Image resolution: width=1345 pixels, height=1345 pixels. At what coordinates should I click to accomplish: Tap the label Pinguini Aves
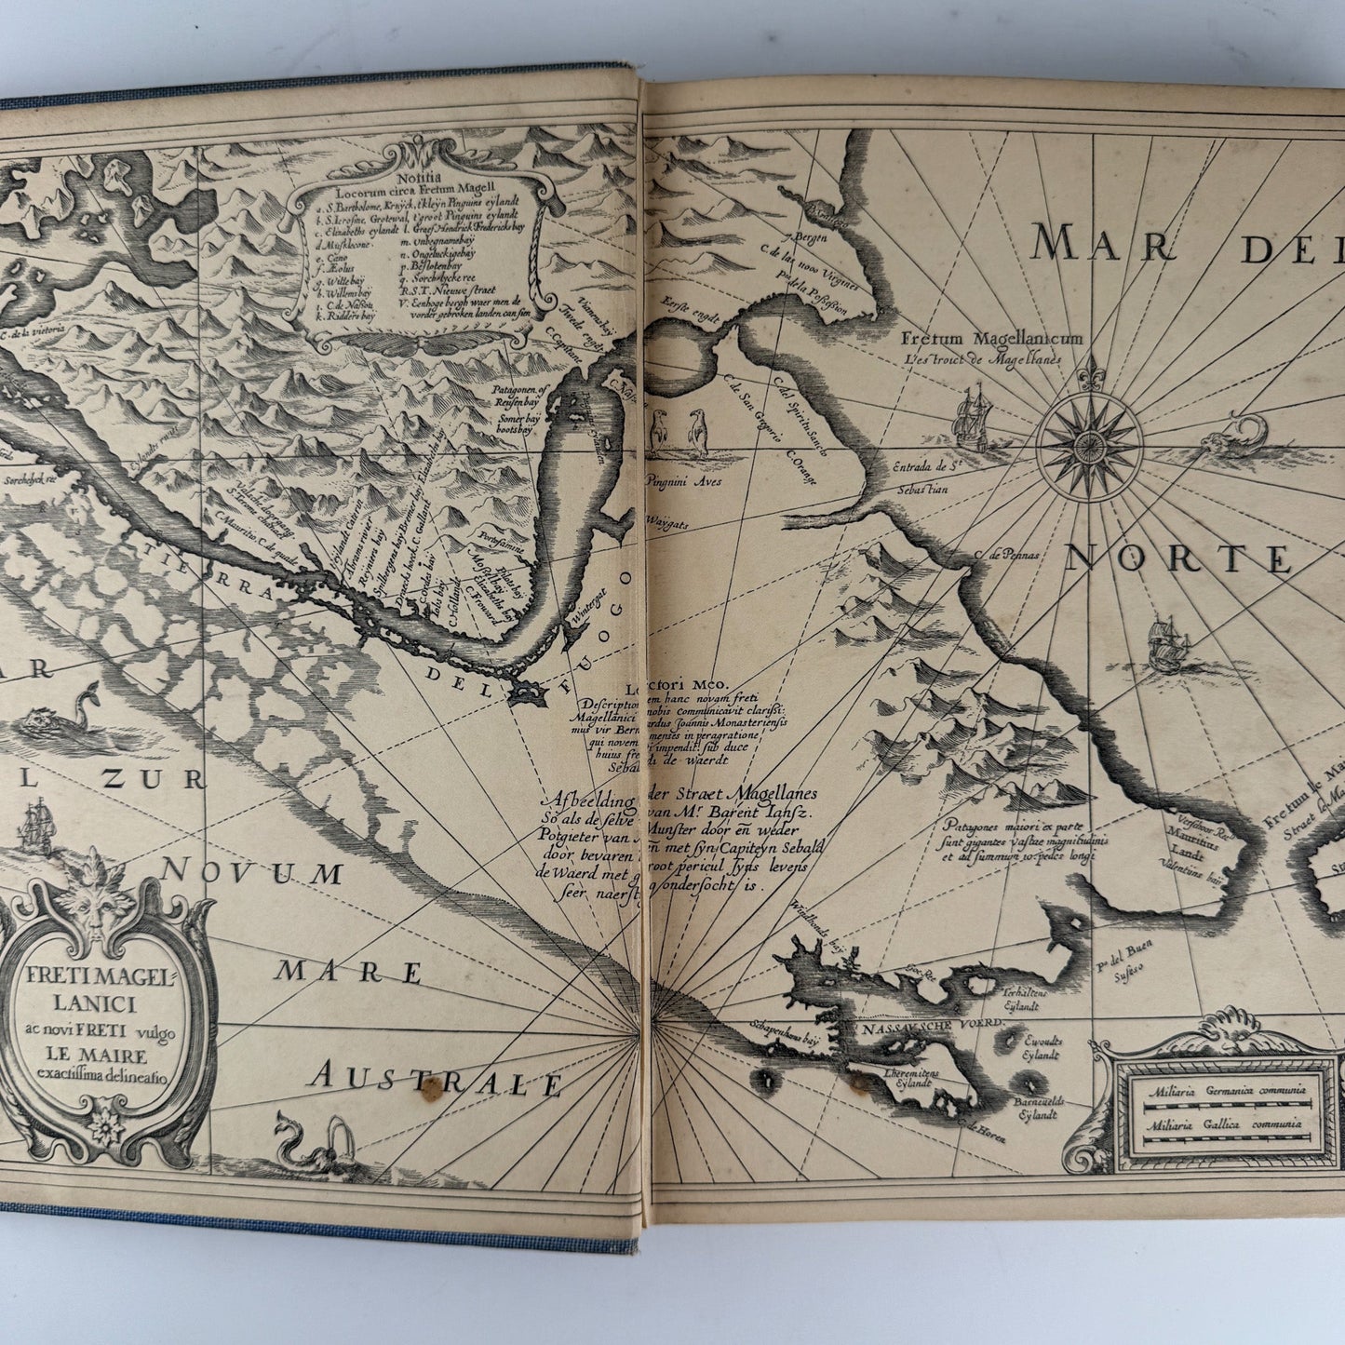click(684, 481)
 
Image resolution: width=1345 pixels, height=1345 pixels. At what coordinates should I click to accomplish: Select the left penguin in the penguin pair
click(661, 433)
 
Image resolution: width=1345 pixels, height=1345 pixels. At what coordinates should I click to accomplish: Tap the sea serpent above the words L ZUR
click(61, 716)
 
